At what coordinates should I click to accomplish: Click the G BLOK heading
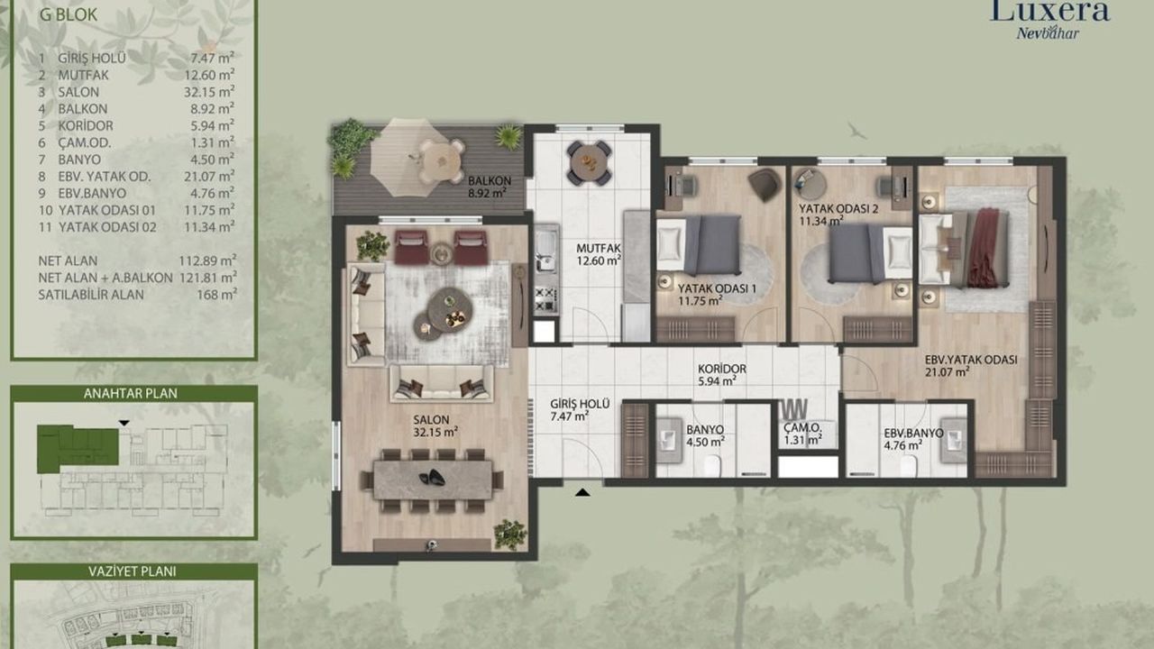click(x=69, y=14)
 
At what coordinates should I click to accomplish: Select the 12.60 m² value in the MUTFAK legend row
click(x=209, y=75)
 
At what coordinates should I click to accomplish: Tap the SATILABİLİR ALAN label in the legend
click(x=91, y=295)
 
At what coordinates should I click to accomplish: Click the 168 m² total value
click(x=217, y=295)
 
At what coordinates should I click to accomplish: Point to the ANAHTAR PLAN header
click(x=131, y=394)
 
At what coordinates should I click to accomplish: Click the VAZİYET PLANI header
click(x=133, y=571)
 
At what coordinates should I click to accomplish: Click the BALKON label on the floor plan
click(x=489, y=181)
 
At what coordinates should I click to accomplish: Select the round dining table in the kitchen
click(x=590, y=163)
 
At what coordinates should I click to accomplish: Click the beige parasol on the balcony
click(x=409, y=157)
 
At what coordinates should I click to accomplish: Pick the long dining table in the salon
click(x=432, y=480)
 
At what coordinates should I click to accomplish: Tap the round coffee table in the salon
click(x=450, y=308)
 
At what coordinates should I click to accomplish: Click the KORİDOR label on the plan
click(x=722, y=369)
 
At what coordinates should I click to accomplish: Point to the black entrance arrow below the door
click(x=582, y=492)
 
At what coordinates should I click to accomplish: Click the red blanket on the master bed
click(x=985, y=248)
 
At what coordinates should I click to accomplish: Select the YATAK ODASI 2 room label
click(x=838, y=208)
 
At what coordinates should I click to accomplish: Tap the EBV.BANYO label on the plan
click(x=913, y=434)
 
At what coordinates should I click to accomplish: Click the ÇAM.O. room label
click(x=802, y=427)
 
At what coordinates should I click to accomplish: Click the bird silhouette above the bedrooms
click(x=857, y=131)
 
